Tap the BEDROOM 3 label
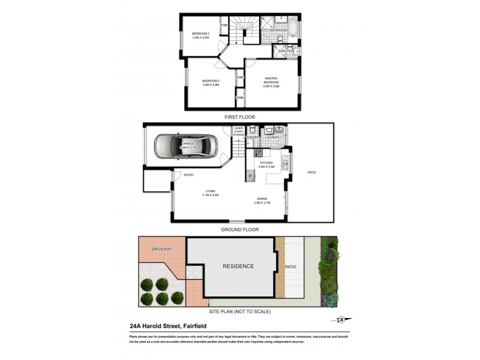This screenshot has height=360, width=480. click(x=200, y=33)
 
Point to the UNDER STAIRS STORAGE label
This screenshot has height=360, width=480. click(x=239, y=132)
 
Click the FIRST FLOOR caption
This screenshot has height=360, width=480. click(x=239, y=118)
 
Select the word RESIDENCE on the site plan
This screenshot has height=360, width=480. click(x=239, y=266)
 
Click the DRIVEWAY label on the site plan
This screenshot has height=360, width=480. click(x=161, y=248)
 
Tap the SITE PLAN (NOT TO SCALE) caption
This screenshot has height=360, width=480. click(x=239, y=311)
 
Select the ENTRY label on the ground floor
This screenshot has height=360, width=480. click(x=188, y=175)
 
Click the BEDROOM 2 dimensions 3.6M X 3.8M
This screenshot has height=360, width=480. click(x=211, y=85)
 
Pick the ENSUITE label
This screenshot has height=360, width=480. click(x=286, y=51)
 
